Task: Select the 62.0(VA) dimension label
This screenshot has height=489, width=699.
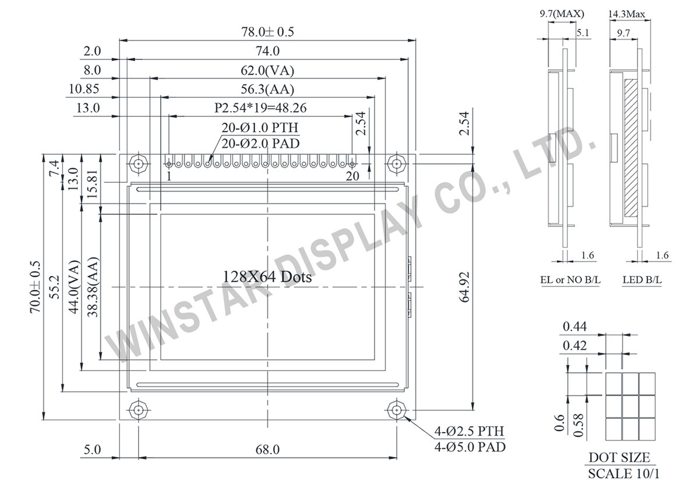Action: click(x=267, y=71)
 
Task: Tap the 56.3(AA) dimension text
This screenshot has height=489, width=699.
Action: click(x=267, y=90)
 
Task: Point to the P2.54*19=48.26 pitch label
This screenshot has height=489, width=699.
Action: click(x=261, y=108)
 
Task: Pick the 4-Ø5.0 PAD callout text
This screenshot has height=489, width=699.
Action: click(x=469, y=447)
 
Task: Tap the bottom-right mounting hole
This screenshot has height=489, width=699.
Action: click(x=397, y=410)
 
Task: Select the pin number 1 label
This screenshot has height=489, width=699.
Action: click(x=169, y=175)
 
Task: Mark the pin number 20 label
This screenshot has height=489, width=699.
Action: click(x=352, y=175)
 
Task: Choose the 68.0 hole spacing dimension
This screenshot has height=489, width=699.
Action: click(x=267, y=449)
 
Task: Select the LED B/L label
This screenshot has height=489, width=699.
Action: click(x=642, y=280)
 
